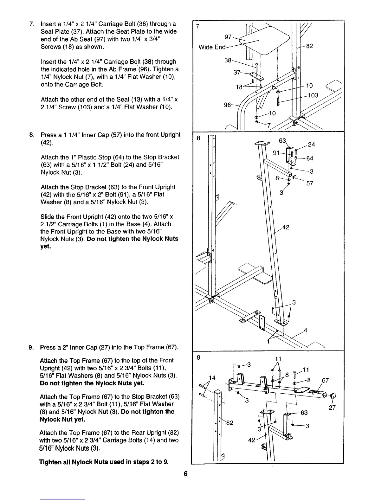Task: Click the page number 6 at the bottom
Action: [186, 474]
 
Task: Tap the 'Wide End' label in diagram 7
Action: [212, 47]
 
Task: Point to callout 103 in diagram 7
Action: [313, 95]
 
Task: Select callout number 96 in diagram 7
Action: [228, 105]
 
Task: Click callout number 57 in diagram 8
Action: [310, 183]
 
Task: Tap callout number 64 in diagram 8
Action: [310, 158]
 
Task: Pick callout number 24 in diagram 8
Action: [311, 145]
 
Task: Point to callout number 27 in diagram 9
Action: [332, 408]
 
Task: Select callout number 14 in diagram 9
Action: [212, 378]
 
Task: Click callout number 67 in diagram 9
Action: [325, 381]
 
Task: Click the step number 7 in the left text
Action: [31, 24]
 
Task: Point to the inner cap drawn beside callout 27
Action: [333, 396]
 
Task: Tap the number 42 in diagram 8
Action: [285, 227]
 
